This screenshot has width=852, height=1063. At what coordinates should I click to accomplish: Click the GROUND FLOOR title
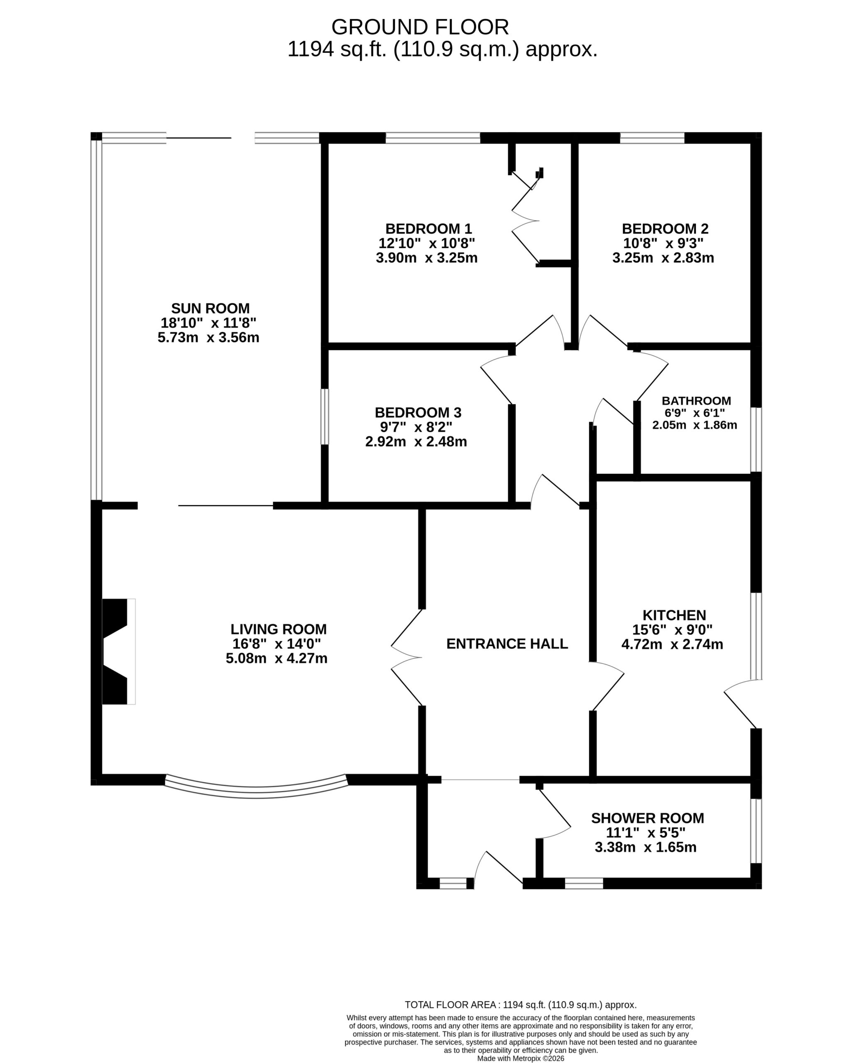(x=420, y=27)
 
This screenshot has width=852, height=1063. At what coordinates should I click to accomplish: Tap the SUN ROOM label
(x=211, y=308)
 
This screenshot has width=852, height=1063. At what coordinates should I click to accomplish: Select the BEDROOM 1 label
(x=428, y=229)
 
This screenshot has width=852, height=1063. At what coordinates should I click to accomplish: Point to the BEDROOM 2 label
(x=665, y=229)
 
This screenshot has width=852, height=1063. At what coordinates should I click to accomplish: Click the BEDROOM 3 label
(x=418, y=412)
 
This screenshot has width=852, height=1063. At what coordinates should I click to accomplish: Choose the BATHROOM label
(x=696, y=401)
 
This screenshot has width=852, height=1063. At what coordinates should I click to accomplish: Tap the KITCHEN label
(x=674, y=615)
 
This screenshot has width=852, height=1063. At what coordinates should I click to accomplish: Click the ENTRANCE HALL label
(x=507, y=644)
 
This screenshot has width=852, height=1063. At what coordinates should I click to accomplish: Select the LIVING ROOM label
(x=279, y=629)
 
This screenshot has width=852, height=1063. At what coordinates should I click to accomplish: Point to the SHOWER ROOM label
(x=647, y=818)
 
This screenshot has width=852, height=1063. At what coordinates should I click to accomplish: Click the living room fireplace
(x=118, y=652)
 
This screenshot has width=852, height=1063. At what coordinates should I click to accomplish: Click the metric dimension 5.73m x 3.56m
(x=208, y=338)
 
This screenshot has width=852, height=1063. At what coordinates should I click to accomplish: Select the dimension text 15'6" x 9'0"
(x=673, y=629)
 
